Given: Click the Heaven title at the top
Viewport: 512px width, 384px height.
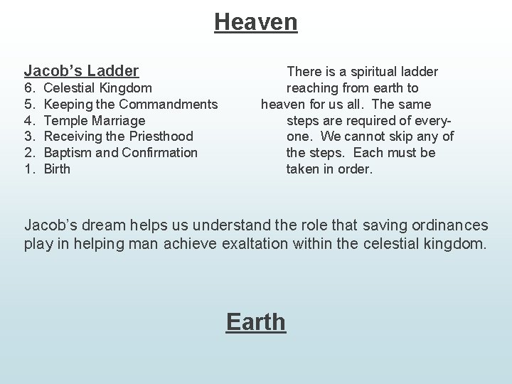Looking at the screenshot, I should click(x=256, y=22).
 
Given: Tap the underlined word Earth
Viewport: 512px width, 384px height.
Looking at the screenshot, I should click(x=256, y=321).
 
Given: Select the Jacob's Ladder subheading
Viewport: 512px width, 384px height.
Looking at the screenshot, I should click(x=81, y=70).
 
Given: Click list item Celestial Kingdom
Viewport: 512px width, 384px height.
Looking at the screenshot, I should click(x=97, y=88).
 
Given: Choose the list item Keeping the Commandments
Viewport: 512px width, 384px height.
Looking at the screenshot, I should click(x=130, y=105).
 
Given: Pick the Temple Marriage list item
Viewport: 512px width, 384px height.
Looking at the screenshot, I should click(x=94, y=121).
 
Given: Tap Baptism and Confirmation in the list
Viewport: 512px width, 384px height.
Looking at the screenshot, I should click(x=120, y=153).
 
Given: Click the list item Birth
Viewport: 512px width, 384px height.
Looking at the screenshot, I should click(x=57, y=169).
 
